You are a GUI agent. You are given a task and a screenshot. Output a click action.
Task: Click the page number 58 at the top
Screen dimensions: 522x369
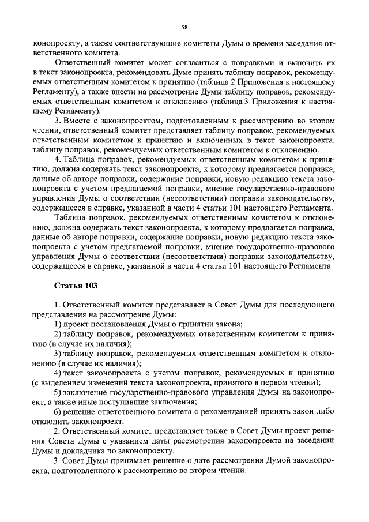[184, 27]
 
